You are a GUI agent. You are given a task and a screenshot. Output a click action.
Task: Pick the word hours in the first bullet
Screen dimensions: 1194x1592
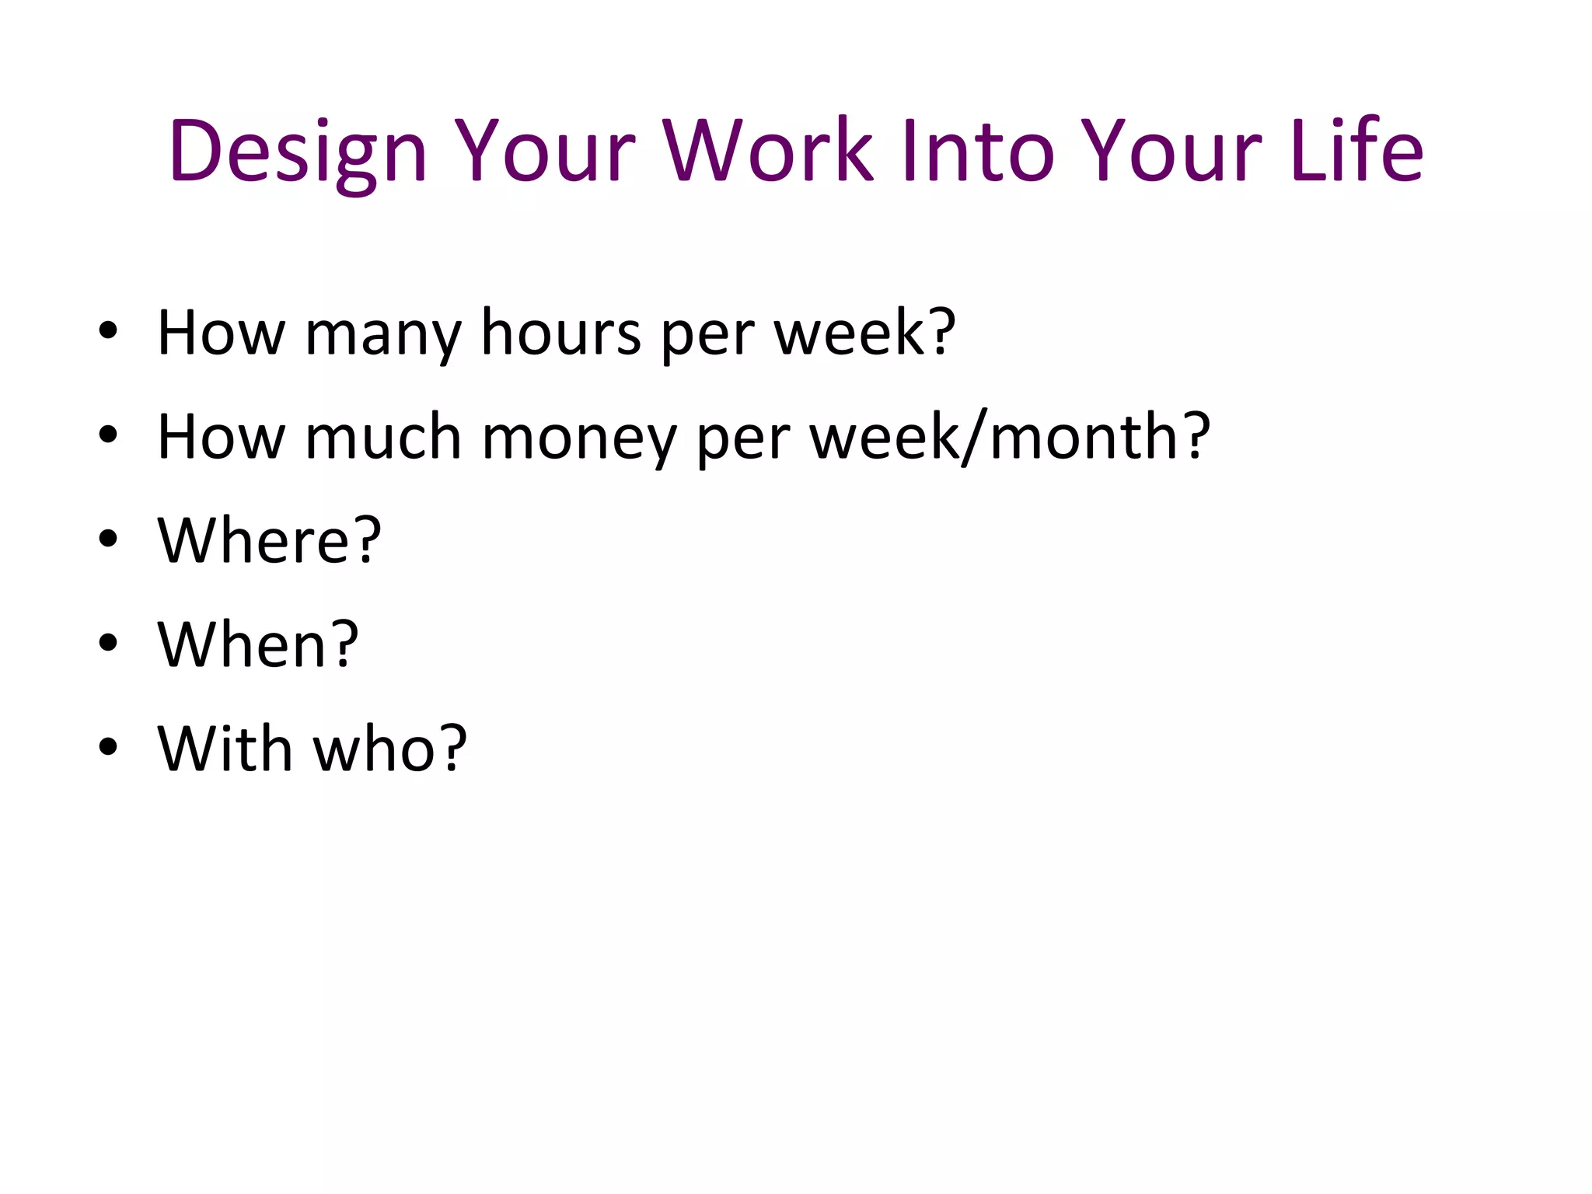(x=560, y=333)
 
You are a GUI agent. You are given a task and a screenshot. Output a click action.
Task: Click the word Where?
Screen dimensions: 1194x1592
(x=269, y=540)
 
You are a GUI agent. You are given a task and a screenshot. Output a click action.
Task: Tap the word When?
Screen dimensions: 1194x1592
(x=257, y=644)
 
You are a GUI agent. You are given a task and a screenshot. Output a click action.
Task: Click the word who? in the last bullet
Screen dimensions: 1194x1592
(x=389, y=749)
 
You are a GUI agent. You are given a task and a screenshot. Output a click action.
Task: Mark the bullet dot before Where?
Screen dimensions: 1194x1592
(x=108, y=539)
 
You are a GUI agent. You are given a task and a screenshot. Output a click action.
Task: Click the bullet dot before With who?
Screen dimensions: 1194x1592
(x=108, y=746)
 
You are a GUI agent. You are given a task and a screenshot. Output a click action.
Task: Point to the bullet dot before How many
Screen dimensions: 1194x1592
(x=108, y=331)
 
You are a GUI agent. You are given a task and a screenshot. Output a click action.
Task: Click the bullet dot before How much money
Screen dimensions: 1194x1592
(x=108, y=435)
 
